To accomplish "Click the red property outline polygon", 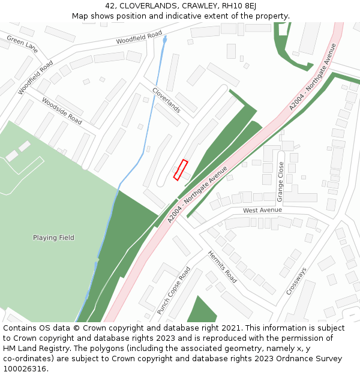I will [181, 170].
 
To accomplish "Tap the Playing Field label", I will [53, 238].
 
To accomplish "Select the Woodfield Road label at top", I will [139, 38].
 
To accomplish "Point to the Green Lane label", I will [22, 44].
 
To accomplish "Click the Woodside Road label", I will [62, 111].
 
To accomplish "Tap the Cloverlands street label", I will [166, 100].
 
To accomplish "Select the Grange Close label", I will [280, 182].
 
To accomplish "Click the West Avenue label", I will [262, 211].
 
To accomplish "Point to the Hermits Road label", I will [222, 266].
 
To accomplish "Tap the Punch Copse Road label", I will [173, 290].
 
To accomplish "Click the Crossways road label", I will [296, 280].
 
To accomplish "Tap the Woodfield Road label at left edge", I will [35, 77].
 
